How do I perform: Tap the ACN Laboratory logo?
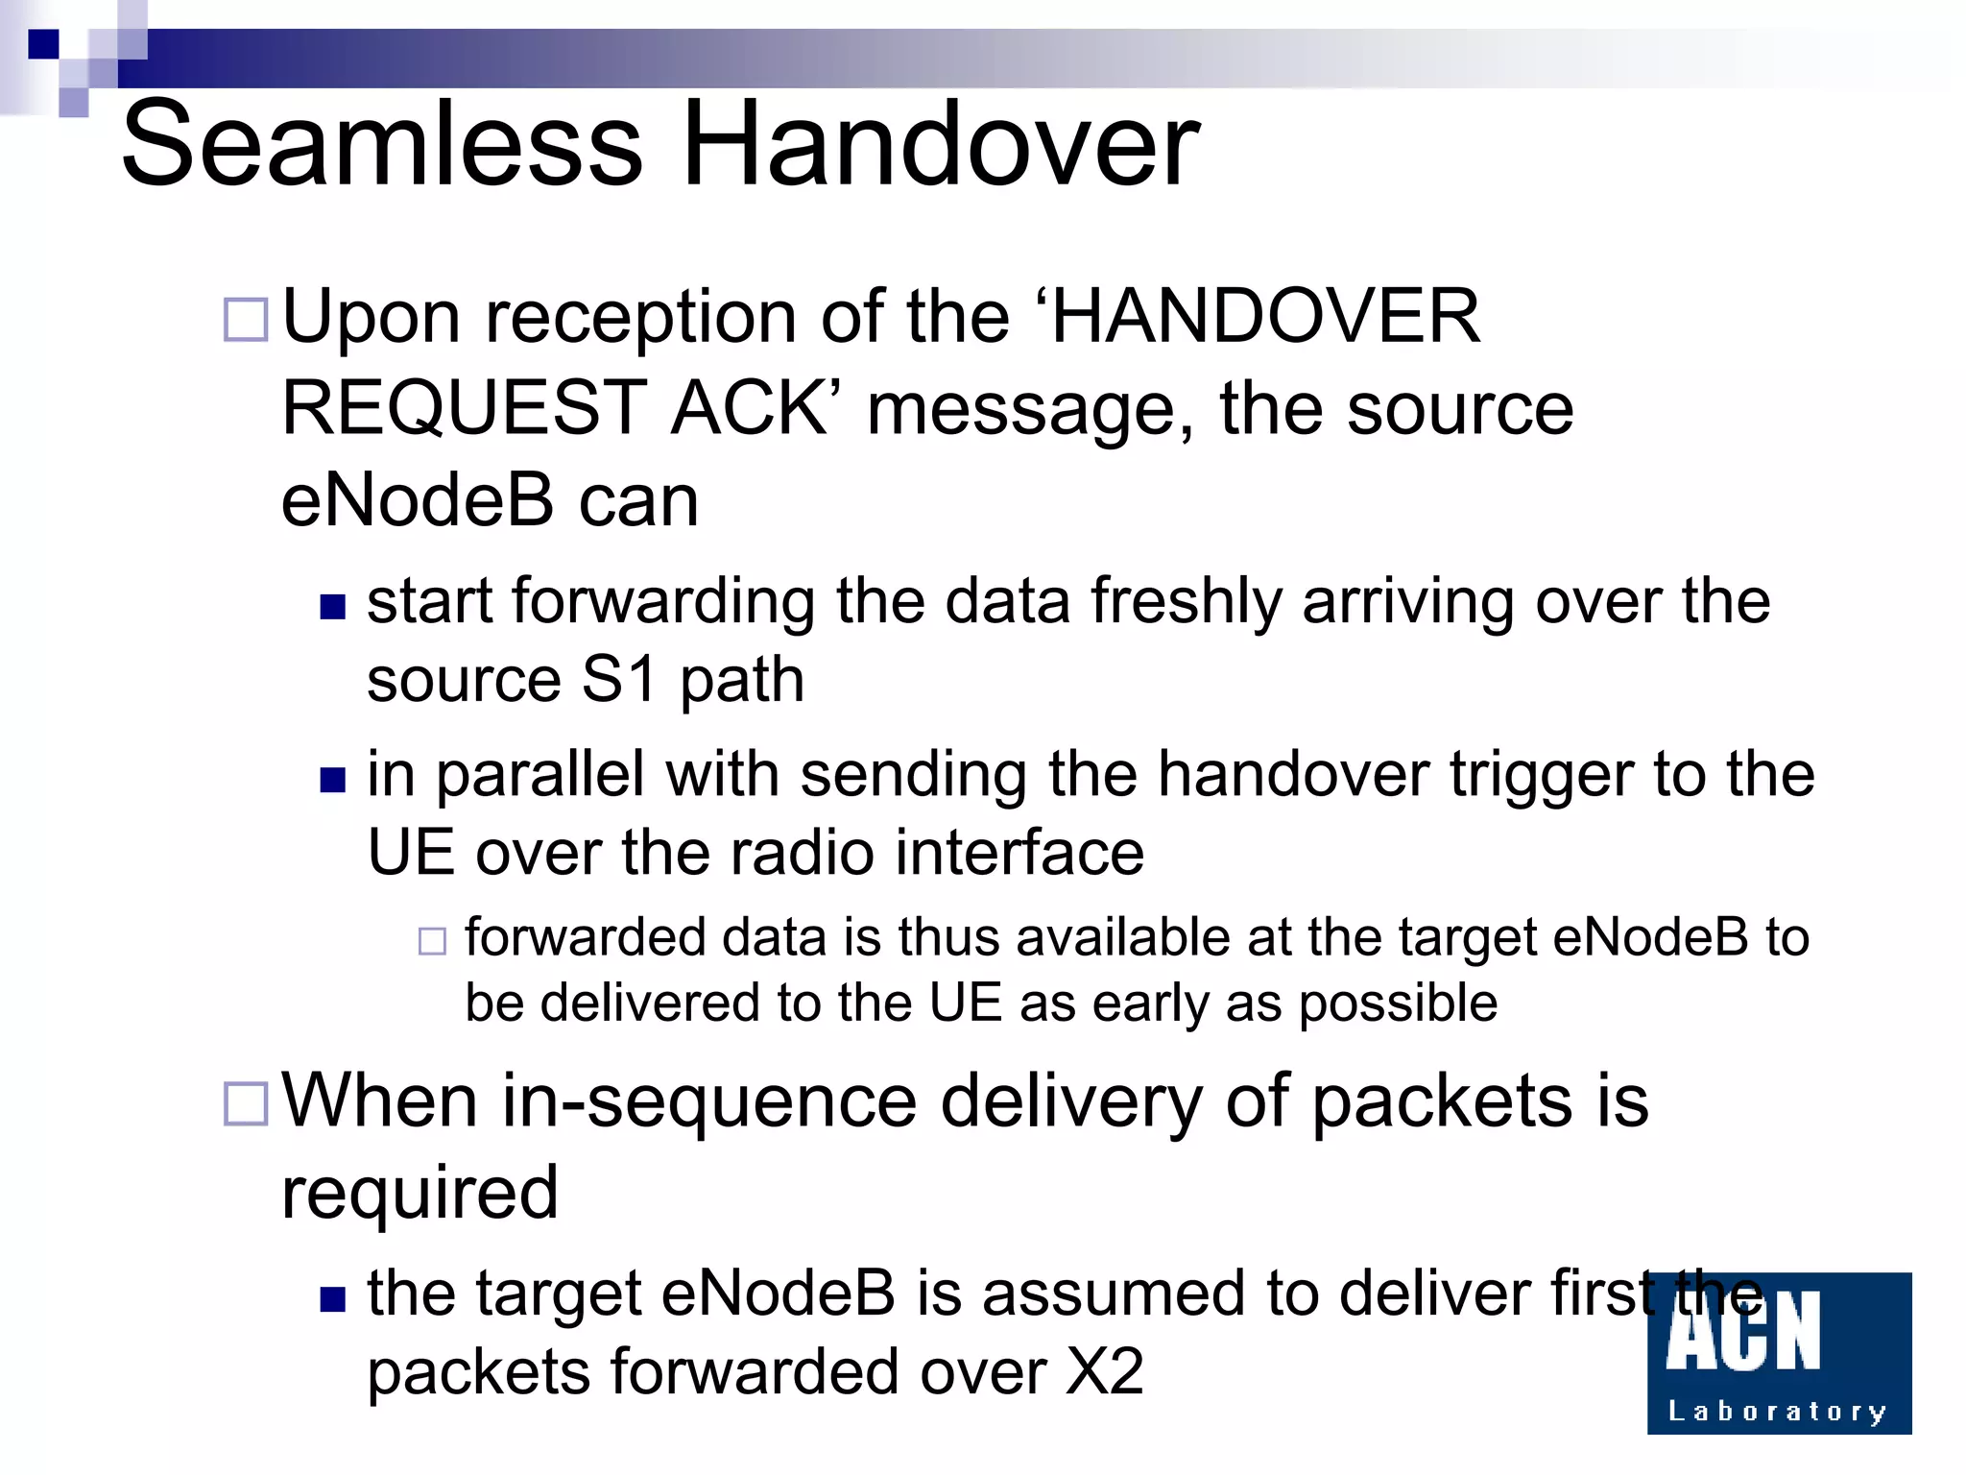pyautogui.click(x=1779, y=1353)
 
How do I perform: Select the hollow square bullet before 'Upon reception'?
pyautogui.click(x=246, y=320)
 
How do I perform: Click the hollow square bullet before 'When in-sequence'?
pyautogui.click(x=246, y=1103)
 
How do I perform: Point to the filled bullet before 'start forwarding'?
pyautogui.click(x=332, y=607)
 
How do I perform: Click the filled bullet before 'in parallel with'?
pyautogui.click(x=332, y=780)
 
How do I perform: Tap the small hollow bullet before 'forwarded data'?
pyautogui.click(x=432, y=941)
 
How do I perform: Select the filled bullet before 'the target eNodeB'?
pyautogui.click(x=332, y=1299)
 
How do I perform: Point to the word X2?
pyautogui.click(x=1104, y=1371)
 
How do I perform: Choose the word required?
pyautogui.click(x=420, y=1193)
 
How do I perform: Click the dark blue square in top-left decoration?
pyautogui.click(x=43, y=44)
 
